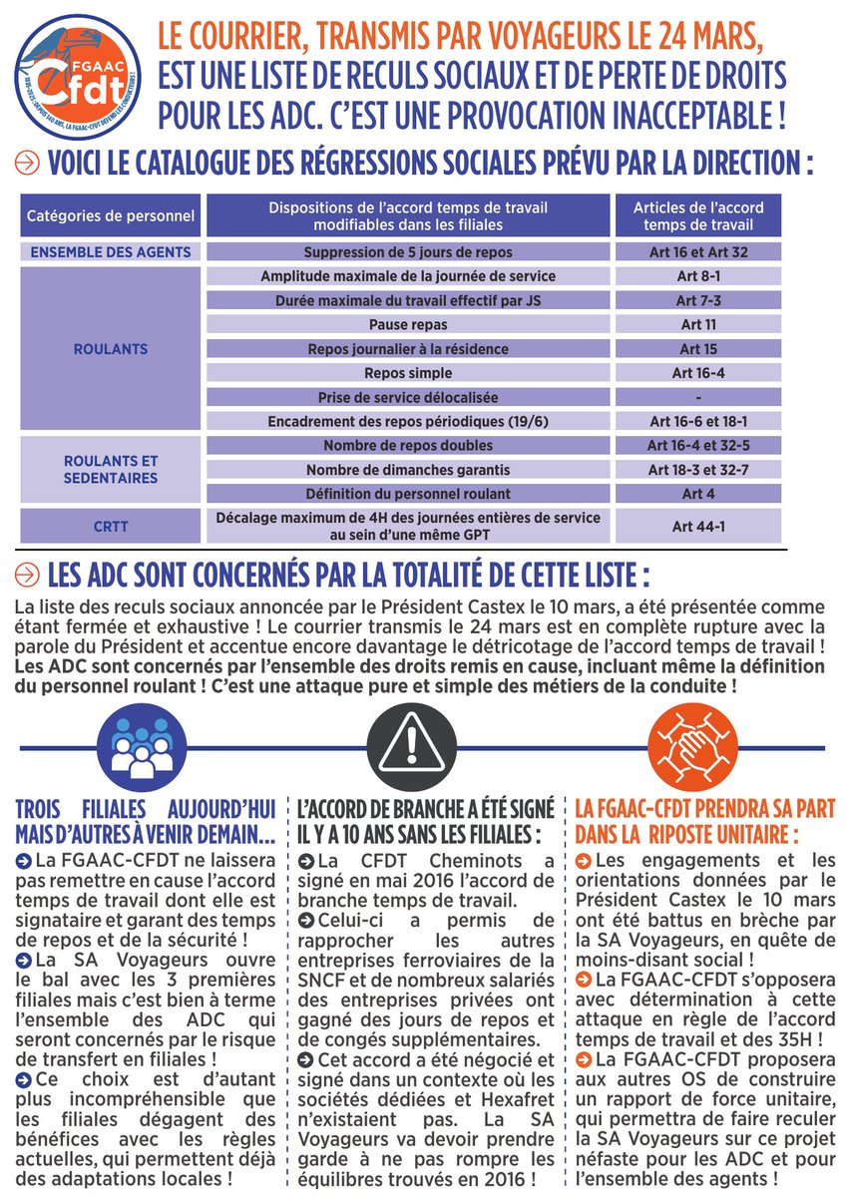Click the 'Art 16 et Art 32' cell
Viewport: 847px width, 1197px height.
click(x=698, y=252)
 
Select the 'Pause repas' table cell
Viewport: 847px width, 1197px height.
click(x=408, y=325)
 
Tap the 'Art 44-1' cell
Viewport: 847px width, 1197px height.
click(x=698, y=526)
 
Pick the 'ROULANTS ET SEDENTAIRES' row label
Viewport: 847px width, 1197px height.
click(x=111, y=470)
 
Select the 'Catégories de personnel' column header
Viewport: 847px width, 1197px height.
click(x=111, y=215)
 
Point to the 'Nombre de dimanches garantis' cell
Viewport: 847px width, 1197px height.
click(x=408, y=470)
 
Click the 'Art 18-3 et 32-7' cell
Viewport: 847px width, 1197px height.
click(x=698, y=470)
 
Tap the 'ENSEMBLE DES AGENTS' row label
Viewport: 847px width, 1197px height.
click(x=111, y=252)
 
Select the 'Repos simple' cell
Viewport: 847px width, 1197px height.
click(x=408, y=373)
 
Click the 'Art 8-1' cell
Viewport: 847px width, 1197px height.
click(x=698, y=276)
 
